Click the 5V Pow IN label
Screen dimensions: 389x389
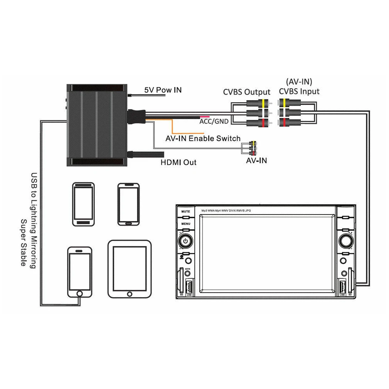pyautogui.click(x=163, y=90)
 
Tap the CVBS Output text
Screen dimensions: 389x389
pyautogui.click(x=246, y=92)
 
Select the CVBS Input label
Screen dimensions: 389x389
pyautogui.click(x=299, y=91)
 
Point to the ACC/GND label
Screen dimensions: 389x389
pyautogui.click(x=213, y=121)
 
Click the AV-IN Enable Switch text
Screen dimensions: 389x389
pyautogui.click(x=203, y=138)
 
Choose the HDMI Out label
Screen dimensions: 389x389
pyautogui.click(x=178, y=162)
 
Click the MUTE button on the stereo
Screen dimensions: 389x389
pyautogui.click(x=185, y=211)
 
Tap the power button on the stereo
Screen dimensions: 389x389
pyautogui.click(x=186, y=241)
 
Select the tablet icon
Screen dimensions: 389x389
pyautogui.click(x=129, y=269)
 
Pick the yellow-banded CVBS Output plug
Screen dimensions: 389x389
pyautogui.click(x=260, y=104)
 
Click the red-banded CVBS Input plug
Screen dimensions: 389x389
pyautogui.click(x=289, y=123)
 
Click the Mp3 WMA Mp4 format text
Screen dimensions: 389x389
pyautogui.click(x=226, y=210)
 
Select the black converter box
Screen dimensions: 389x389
pyautogui.click(x=97, y=126)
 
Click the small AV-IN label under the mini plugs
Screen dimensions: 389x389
pyautogui.click(x=256, y=160)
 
